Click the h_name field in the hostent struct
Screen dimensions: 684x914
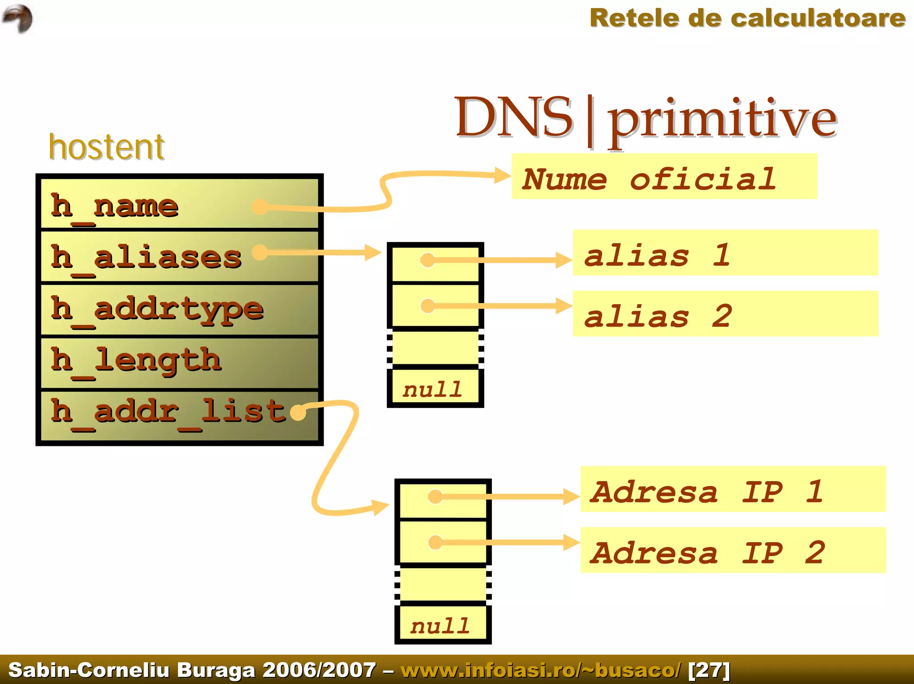click(115, 206)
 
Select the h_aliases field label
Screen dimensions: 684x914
click(146, 258)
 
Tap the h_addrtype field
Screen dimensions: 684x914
click(157, 309)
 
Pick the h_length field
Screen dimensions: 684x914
click(136, 360)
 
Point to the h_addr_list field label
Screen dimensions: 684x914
click(168, 412)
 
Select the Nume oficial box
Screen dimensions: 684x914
click(664, 177)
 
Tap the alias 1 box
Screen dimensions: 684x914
click(725, 253)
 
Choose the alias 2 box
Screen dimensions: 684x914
click(725, 314)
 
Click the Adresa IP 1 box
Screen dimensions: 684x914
click(733, 489)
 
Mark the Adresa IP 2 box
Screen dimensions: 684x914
click(733, 550)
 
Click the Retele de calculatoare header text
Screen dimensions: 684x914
click(747, 19)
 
